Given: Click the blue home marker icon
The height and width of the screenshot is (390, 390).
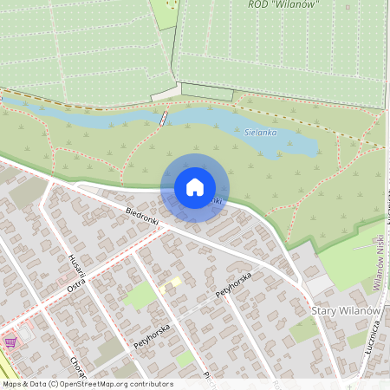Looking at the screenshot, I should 195,187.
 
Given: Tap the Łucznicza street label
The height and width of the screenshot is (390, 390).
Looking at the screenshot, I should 373,334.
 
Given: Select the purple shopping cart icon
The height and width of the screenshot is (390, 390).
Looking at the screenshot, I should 10,342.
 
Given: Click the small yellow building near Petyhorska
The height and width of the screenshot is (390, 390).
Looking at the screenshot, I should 173,283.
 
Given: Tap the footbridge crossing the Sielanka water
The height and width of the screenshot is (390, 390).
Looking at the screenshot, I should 163,117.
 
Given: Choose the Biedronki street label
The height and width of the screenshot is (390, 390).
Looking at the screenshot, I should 142,217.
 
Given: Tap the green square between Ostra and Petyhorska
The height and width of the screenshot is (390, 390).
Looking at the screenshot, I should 139,296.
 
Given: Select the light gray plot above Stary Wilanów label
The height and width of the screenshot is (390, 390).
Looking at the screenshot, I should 318,284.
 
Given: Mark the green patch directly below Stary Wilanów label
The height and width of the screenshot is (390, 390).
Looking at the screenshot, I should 303,329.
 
